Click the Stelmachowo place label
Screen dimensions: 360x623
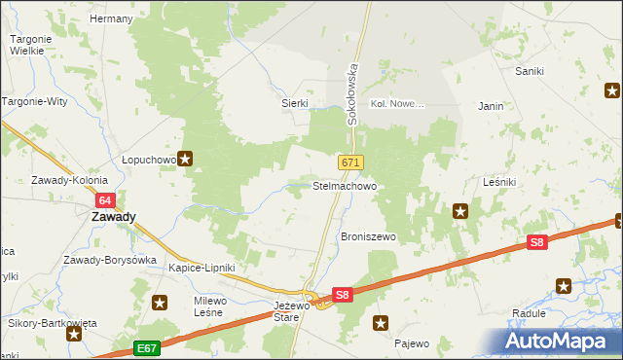click(x=344, y=185)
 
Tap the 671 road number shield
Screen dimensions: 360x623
click(x=351, y=162)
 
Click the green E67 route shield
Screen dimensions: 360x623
click(x=147, y=348)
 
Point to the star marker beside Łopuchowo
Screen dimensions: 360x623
click(x=185, y=158)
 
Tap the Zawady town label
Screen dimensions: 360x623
click(x=113, y=218)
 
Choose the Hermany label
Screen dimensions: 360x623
click(x=110, y=18)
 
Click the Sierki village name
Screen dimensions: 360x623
click(x=294, y=103)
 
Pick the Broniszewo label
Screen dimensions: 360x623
click(x=367, y=237)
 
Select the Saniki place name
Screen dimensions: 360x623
click(x=530, y=71)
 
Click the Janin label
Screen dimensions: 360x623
click(x=490, y=106)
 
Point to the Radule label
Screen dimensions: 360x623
click(x=529, y=313)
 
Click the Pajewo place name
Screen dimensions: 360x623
click(x=412, y=343)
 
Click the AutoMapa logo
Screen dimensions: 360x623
click(x=558, y=341)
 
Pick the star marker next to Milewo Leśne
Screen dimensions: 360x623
click(x=160, y=303)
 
